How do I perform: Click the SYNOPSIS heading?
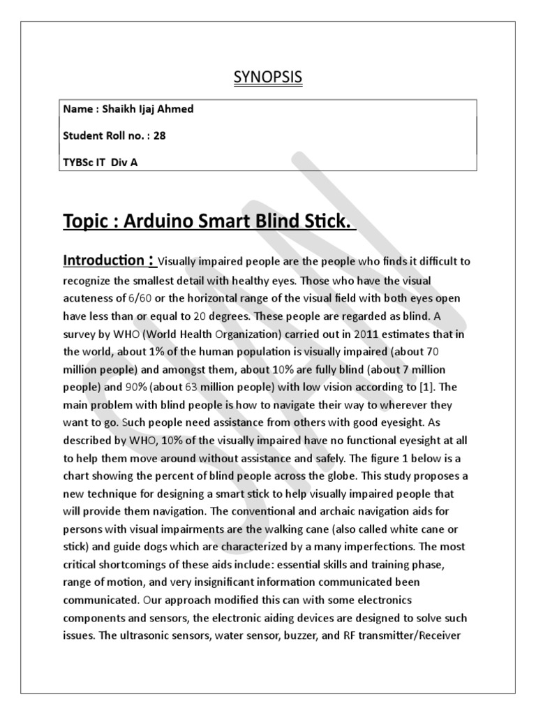(x=268, y=78)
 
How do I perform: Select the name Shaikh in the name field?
(x=121, y=109)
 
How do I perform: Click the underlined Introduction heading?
(x=105, y=261)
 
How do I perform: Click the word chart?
(x=77, y=476)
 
